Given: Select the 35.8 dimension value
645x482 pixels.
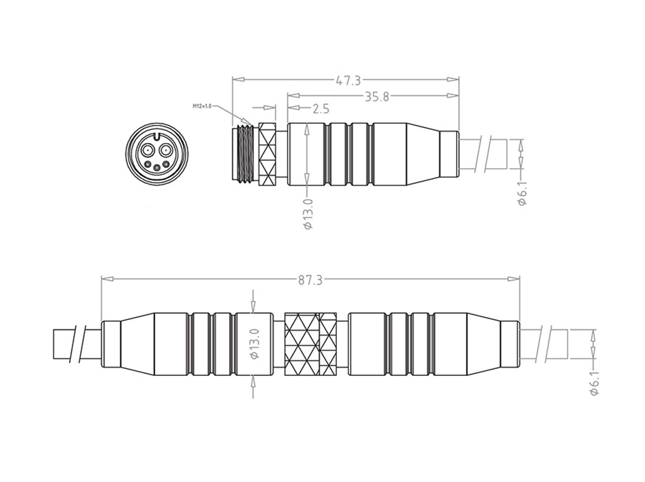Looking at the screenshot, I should click(377, 96).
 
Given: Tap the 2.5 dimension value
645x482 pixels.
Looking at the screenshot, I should click(319, 109).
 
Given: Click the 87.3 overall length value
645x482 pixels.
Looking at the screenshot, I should click(310, 281).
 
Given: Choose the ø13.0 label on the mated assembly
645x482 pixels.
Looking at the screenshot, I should click(254, 345).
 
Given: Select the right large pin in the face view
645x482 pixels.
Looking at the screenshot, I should click(165, 151).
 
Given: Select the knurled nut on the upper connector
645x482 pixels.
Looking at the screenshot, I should click(267, 154).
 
